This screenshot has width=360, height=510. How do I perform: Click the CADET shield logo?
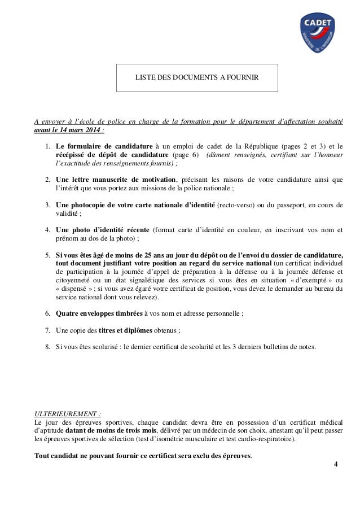point(319,32)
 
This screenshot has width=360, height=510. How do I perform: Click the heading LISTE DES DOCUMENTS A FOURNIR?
point(197,77)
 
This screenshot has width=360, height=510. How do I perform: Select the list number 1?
point(48,147)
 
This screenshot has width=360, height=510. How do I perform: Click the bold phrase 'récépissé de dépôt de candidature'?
point(112,155)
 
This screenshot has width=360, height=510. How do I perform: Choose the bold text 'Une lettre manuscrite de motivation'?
point(115,180)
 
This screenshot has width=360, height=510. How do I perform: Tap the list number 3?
point(48,205)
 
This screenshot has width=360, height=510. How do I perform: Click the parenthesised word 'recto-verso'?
point(236,205)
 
